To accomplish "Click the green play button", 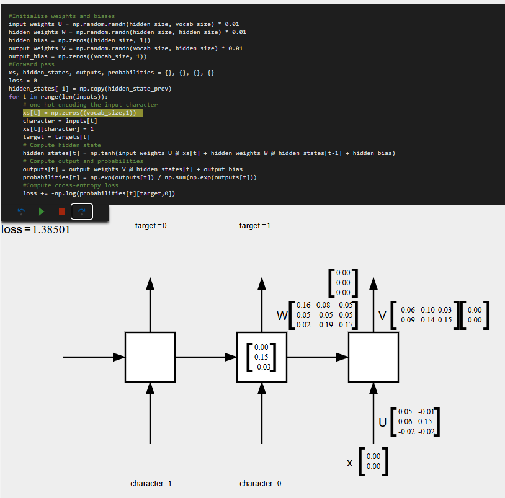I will point(42,211).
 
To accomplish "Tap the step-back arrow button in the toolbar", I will point(21,211).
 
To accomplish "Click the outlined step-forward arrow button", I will point(82,211).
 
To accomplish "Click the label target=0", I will point(151,226).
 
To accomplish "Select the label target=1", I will point(255,226).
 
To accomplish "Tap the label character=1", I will point(151,483).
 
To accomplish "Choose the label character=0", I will point(260,483).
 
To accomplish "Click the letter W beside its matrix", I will point(282,316).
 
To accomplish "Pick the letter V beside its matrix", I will point(383,316).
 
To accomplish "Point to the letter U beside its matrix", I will point(383,423).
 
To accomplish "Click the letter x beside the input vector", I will point(350,463).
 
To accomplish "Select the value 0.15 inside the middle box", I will point(261,357).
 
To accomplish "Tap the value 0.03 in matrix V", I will point(444,310).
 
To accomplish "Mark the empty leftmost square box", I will point(150,357).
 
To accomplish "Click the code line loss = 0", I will point(23,81).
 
